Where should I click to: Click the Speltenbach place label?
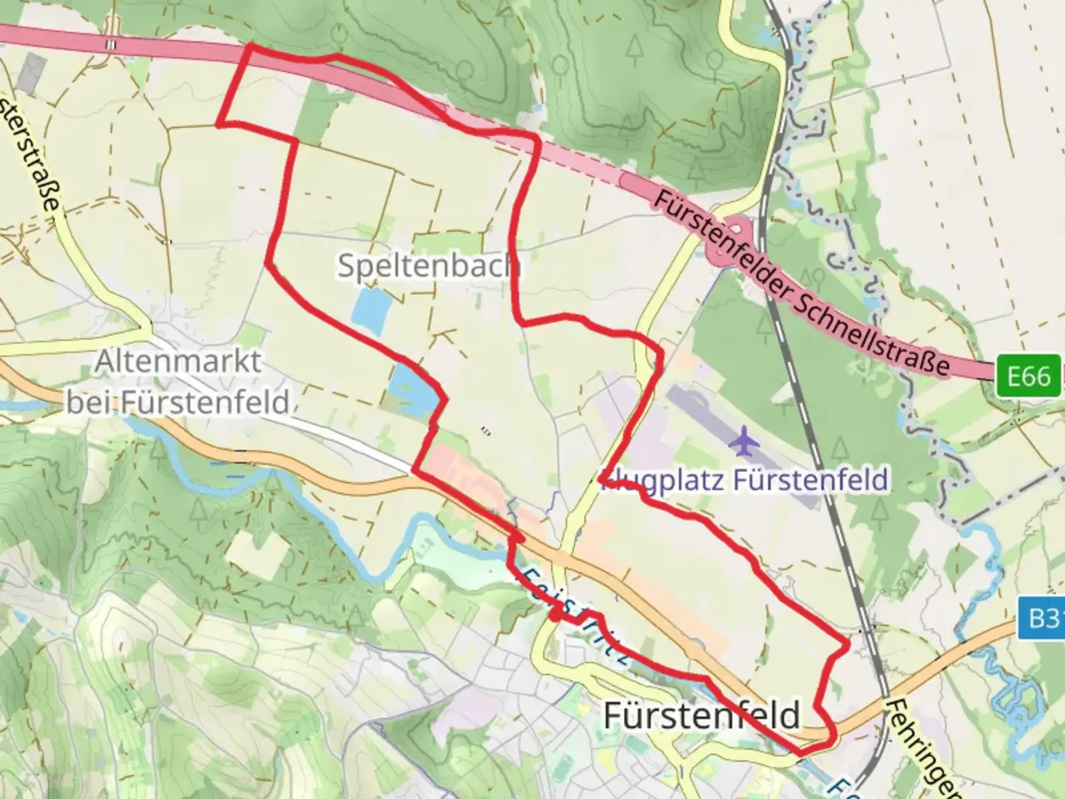point(427,265)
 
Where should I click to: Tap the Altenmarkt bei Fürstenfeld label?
point(177,382)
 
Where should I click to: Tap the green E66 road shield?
point(1028,377)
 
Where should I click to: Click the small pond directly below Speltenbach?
point(370,311)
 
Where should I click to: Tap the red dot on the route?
point(555,614)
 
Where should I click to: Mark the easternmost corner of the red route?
point(848,647)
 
